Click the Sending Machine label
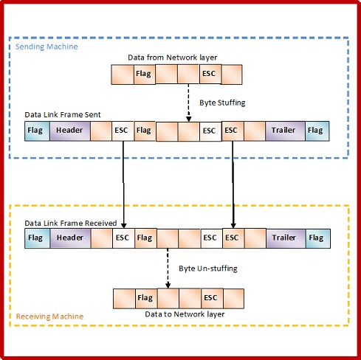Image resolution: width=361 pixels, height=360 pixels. (x=47, y=46)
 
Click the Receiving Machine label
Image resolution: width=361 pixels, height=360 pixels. (x=50, y=316)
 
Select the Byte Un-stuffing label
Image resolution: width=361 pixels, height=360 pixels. (x=208, y=268)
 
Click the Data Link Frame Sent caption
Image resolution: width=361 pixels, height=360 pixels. (x=68, y=115)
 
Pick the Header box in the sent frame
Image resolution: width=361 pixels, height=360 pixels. (x=70, y=131)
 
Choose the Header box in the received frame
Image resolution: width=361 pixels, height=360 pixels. (x=70, y=238)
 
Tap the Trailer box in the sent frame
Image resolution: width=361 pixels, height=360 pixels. (x=283, y=131)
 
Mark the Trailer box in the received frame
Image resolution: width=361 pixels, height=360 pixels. (x=283, y=238)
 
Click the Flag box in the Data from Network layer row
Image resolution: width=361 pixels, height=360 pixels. (x=144, y=74)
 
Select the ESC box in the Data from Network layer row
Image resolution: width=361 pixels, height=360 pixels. (x=209, y=74)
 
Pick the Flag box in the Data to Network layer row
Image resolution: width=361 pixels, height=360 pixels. (x=145, y=298)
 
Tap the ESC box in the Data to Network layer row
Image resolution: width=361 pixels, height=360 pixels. (x=210, y=298)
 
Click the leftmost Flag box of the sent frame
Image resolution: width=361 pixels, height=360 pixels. (x=35, y=131)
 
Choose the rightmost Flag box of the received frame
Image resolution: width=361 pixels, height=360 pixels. (x=317, y=238)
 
